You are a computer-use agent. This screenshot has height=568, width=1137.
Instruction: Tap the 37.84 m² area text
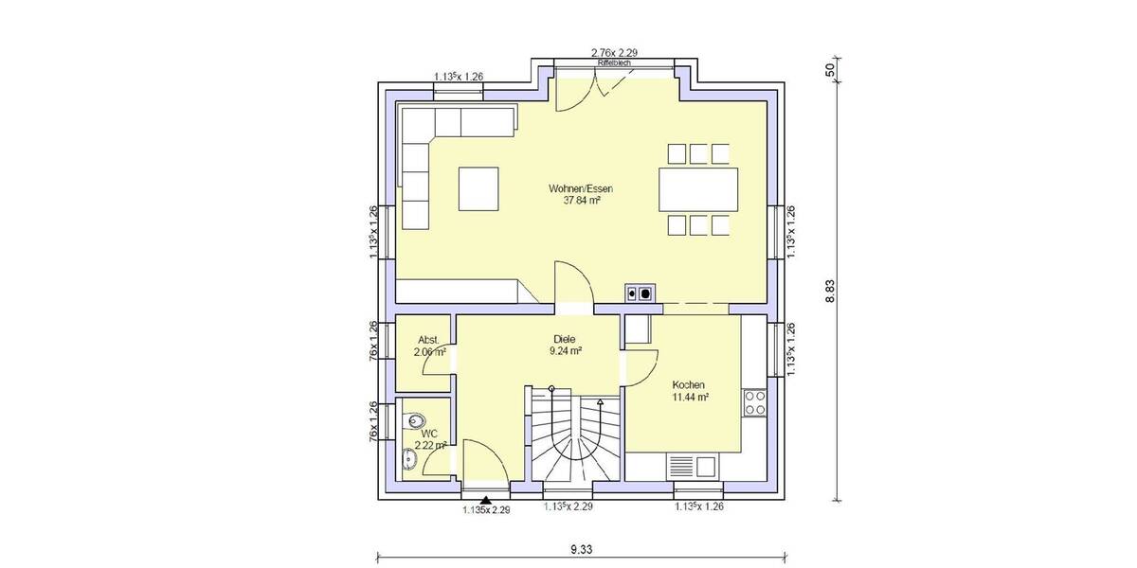(x=583, y=201)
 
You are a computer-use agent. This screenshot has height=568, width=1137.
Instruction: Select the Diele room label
(x=566, y=338)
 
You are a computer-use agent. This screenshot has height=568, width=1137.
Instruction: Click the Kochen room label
(x=689, y=385)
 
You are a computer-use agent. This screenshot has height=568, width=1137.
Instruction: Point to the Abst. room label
(x=429, y=340)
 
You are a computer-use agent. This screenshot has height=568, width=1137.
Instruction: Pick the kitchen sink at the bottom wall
(x=693, y=466)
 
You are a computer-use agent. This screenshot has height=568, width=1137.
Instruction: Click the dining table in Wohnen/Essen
(x=698, y=189)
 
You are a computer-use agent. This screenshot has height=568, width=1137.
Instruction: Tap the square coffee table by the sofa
(x=478, y=187)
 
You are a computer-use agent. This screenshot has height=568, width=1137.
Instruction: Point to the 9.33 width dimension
(x=583, y=549)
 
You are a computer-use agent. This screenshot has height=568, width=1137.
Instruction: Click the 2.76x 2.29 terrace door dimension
(x=613, y=53)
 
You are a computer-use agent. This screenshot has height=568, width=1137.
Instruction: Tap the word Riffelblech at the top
(x=613, y=62)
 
